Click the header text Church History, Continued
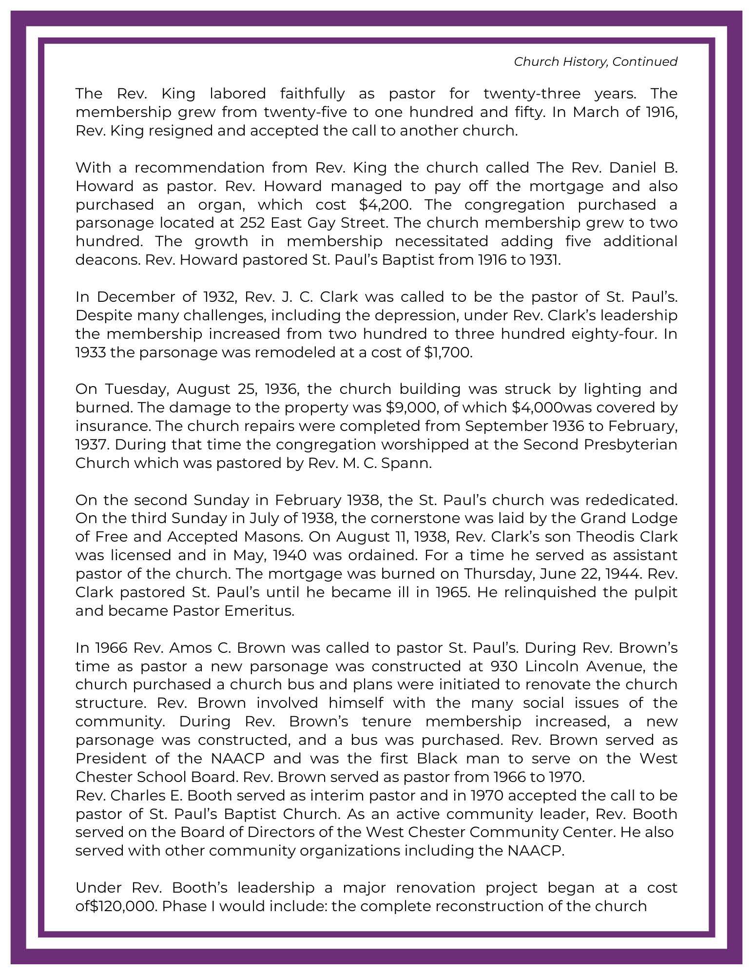(x=595, y=62)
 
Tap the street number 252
(x=252, y=223)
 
